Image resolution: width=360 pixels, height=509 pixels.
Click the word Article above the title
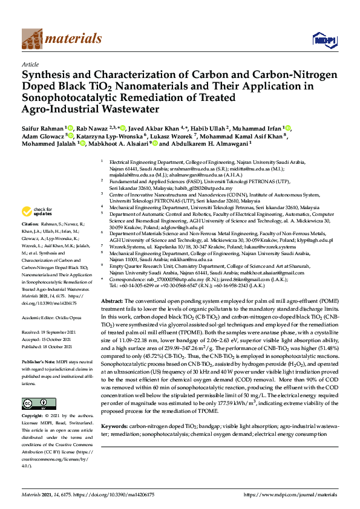point(30,64)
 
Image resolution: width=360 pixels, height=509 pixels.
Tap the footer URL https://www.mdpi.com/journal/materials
point(290,494)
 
